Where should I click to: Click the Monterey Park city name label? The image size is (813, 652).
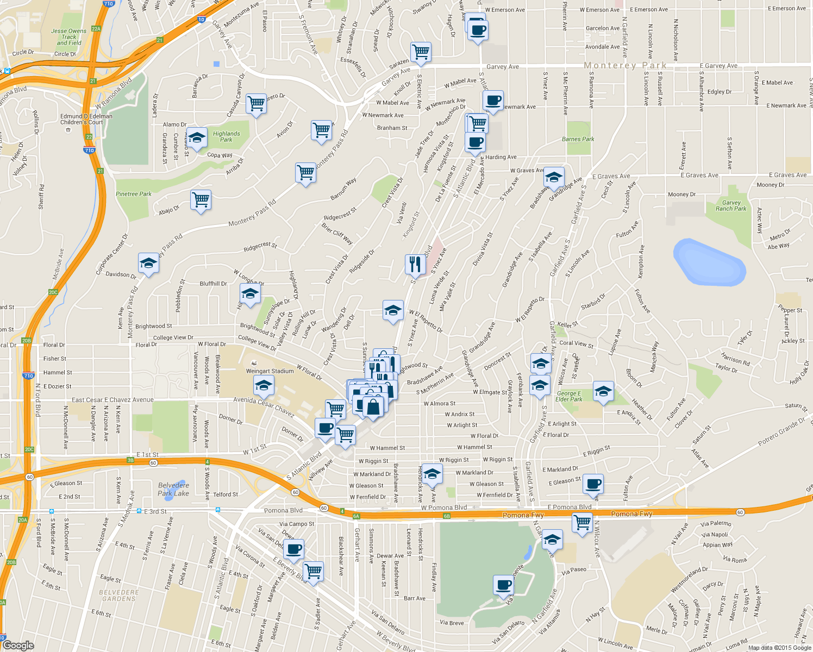tap(625, 65)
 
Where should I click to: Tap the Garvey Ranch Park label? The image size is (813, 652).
tap(731, 205)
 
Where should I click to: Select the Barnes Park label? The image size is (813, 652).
tap(578, 139)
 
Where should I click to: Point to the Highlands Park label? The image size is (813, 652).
tap(226, 136)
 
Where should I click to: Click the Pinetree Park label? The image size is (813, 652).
tap(134, 194)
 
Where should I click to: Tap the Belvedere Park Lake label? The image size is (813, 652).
tap(173, 489)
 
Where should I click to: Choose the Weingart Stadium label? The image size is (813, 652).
tap(270, 371)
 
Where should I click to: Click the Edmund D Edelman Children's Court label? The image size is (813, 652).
tap(86, 119)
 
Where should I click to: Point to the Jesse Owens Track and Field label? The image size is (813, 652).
tap(69, 37)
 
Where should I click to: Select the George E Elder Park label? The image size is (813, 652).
tap(569, 396)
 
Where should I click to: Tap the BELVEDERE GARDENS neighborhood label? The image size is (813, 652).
tap(118, 595)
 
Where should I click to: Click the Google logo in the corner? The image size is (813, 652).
tap(18, 645)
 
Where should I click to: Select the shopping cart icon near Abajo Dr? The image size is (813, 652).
tap(201, 199)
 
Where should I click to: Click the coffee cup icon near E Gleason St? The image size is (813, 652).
tap(594, 483)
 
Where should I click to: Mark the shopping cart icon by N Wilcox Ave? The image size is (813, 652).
tap(582, 523)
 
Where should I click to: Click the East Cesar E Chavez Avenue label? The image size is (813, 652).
tap(112, 400)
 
